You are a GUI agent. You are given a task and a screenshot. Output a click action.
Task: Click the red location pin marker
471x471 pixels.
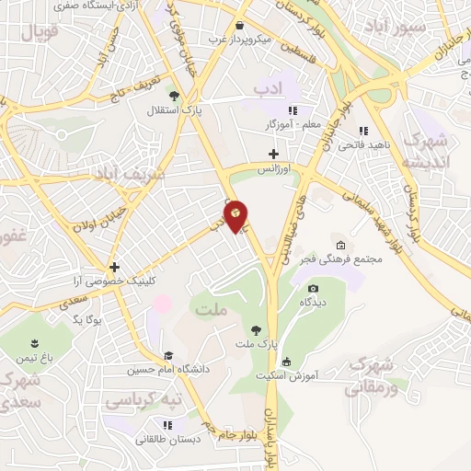(x=236, y=215)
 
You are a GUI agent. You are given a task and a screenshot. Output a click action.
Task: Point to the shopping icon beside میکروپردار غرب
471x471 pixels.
(x=239, y=26)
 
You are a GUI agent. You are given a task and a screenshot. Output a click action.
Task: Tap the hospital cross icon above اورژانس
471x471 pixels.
(x=272, y=154)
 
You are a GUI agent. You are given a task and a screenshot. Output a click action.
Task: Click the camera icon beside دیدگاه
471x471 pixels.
(x=313, y=288)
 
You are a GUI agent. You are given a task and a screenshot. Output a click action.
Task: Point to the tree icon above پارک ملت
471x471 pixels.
(x=254, y=328)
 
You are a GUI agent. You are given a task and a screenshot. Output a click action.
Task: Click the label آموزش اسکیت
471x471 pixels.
(x=310, y=376)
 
